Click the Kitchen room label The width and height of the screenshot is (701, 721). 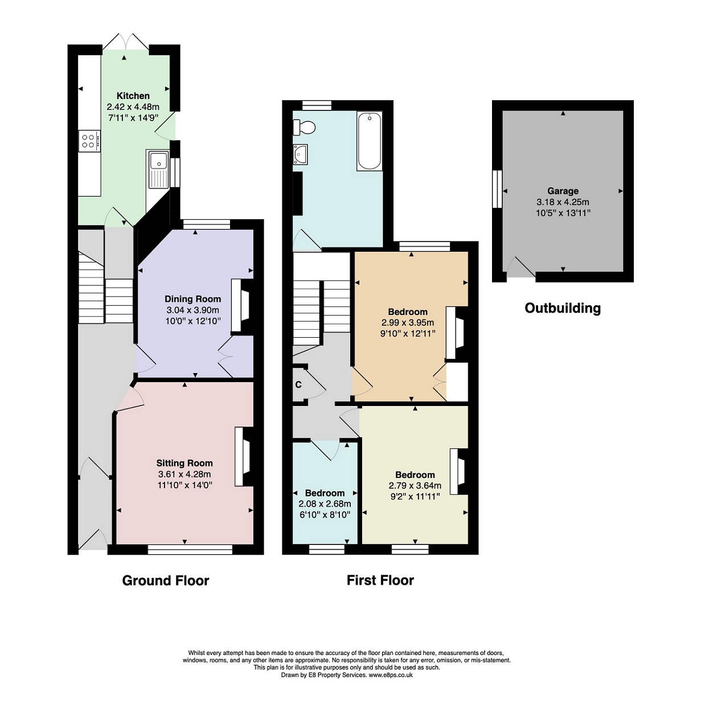pos(133,96)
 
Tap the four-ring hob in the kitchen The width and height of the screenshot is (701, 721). pos(89,141)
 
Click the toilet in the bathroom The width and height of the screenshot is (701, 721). pos(304,127)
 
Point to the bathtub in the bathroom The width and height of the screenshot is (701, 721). pos(369,141)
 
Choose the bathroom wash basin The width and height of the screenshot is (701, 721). pos(300,154)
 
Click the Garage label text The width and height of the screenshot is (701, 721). pos(563,191)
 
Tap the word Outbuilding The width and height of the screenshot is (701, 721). pos(563,308)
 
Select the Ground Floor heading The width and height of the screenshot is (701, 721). pos(166,580)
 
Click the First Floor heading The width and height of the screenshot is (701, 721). pos(380,580)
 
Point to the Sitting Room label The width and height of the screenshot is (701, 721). pos(185,463)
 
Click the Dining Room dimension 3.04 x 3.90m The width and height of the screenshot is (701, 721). pos(192,310)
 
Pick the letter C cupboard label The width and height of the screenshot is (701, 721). pos(298,384)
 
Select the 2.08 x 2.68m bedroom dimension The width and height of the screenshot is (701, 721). pos(325,504)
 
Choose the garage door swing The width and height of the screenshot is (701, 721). pos(521,267)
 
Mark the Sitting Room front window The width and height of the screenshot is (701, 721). pos(190,549)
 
